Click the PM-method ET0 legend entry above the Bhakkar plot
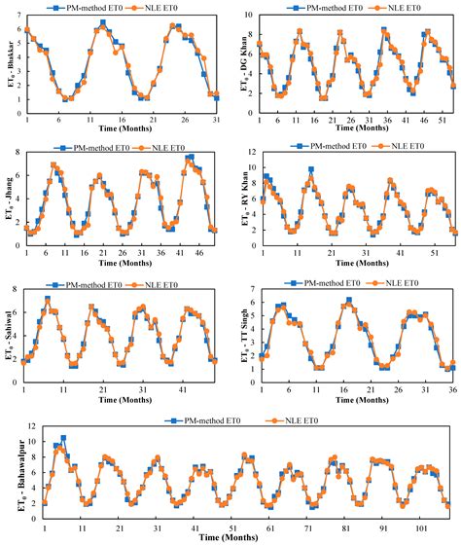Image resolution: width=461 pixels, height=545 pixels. [x=89, y=8]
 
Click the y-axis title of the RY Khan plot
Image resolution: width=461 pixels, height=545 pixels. [x=246, y=199]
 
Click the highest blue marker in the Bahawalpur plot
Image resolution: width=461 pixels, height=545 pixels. [x=63, y=438]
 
